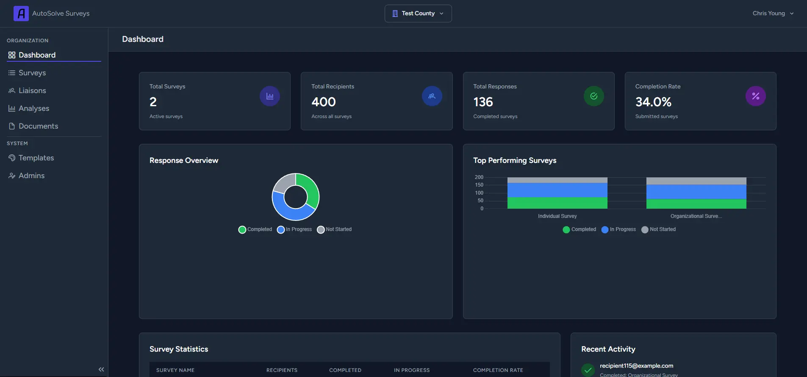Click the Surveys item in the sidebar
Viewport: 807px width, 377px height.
[32, 73]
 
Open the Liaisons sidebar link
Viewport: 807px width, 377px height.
[32, 91]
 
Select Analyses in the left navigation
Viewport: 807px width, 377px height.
[33, 108]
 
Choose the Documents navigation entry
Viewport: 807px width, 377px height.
[38, 126]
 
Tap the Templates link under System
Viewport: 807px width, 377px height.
[36, 158]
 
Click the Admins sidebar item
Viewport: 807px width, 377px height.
[31, 176]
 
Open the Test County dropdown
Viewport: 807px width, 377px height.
[418, 14]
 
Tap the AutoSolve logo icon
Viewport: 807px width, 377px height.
[21, 14]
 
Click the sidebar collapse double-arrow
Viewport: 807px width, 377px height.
[101, 369]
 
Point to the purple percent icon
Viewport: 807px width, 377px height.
[755, 96]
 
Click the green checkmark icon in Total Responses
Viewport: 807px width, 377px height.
[593, 96]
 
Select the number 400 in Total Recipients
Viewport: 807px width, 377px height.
[323, 102]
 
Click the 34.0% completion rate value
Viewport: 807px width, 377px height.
[653, 102]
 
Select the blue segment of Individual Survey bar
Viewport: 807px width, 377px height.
[557, 190]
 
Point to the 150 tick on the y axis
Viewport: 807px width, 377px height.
[479, 185]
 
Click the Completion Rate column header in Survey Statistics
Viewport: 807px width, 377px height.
[498, 370]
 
